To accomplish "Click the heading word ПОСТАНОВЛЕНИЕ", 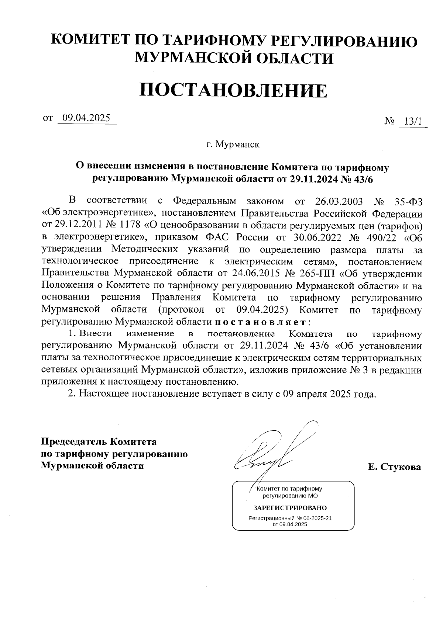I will [233, 90].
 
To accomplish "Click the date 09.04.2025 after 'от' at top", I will [86, 118].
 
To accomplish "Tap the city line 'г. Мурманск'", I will [233, 144].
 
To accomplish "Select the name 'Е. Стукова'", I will [394, 467].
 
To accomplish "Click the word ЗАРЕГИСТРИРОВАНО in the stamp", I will [290, 507].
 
